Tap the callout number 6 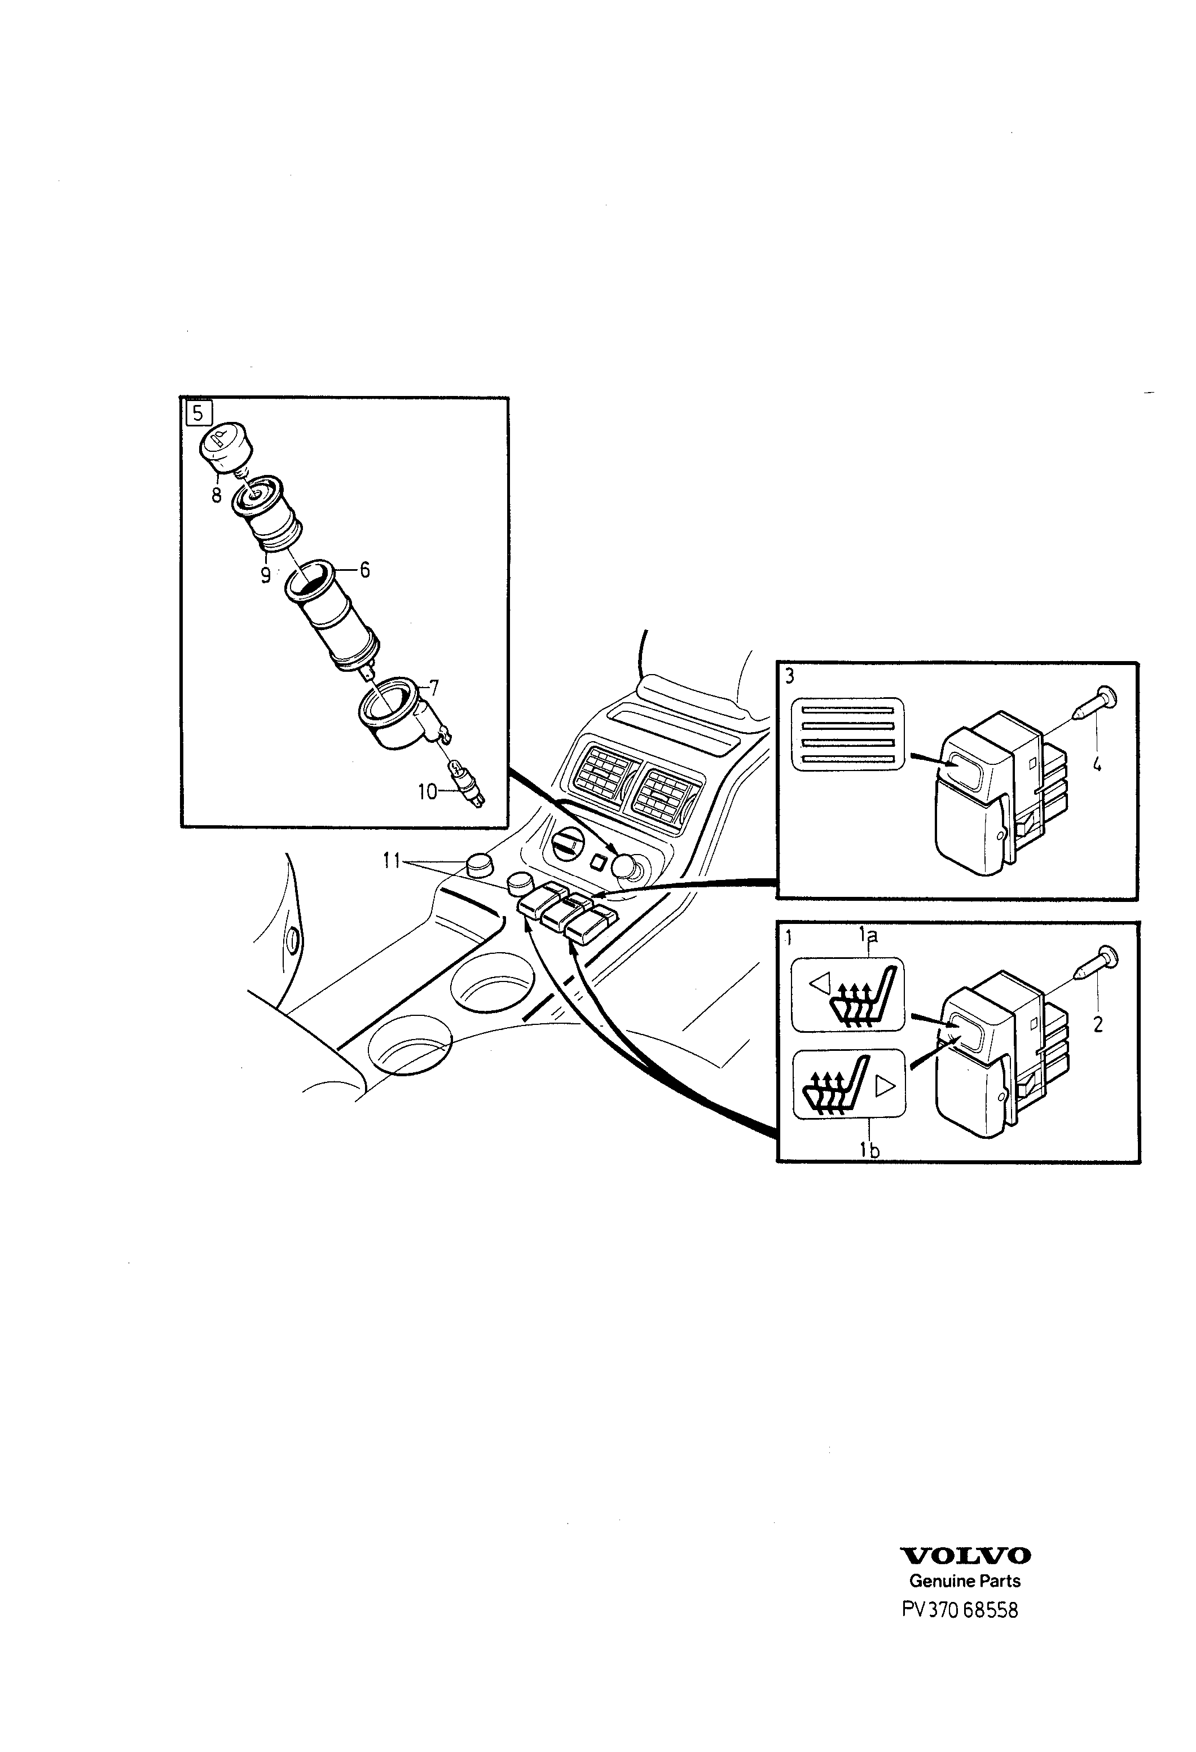coord(365,569)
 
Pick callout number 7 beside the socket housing coord(434,687)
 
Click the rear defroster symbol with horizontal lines coord(847,733)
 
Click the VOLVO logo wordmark coord(966,1555)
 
